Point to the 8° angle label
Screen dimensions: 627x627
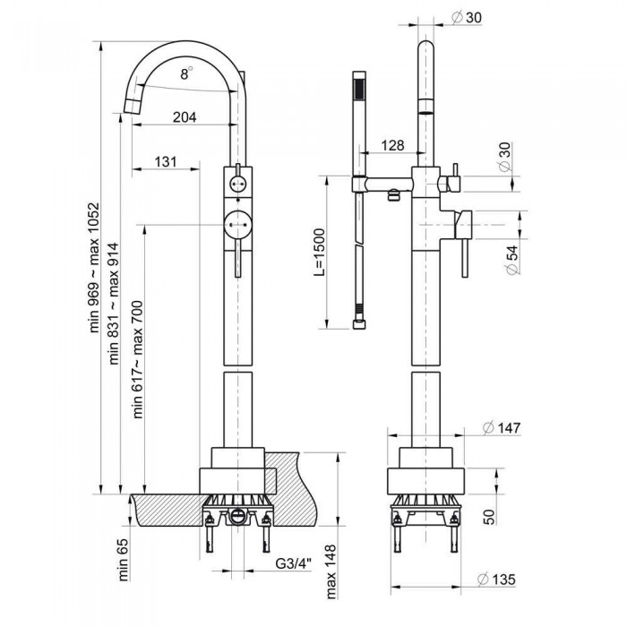coord(185,76)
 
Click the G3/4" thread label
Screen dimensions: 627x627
coord(292,564)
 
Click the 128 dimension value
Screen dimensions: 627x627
coord(391,145)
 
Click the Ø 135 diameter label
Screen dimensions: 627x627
coord(501,579)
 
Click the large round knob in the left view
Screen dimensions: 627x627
coord(237,220)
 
